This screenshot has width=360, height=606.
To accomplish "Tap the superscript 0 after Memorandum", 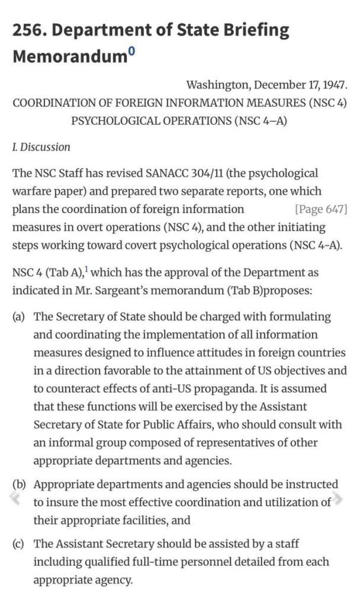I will [131, 53].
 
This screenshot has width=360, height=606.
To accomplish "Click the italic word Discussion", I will [45, 147].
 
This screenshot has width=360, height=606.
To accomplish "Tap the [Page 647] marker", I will [320, 209].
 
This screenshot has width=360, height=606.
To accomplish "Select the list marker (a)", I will [20, 317].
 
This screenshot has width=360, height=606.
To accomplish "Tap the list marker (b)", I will [20, 485].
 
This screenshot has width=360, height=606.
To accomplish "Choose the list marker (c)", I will [20, 543].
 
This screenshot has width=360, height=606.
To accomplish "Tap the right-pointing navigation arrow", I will [338, 499].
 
